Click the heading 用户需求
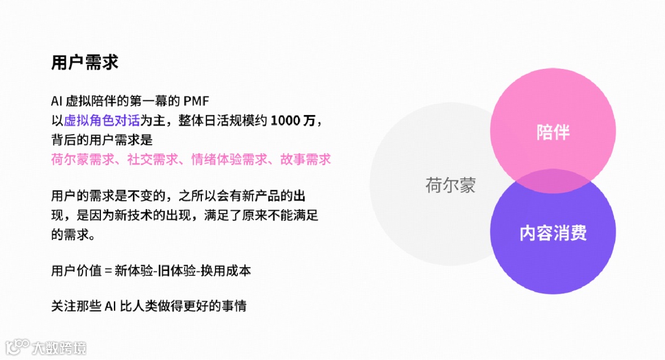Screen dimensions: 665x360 tap(84, 63)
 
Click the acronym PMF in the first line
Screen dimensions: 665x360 tap(197, 101)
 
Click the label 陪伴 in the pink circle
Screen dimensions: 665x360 tap(552, 132)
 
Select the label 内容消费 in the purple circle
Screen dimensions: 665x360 tap(552, 233)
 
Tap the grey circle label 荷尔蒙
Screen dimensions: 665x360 tap(450, 185)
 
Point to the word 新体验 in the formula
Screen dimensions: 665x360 tap(133, 271)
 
